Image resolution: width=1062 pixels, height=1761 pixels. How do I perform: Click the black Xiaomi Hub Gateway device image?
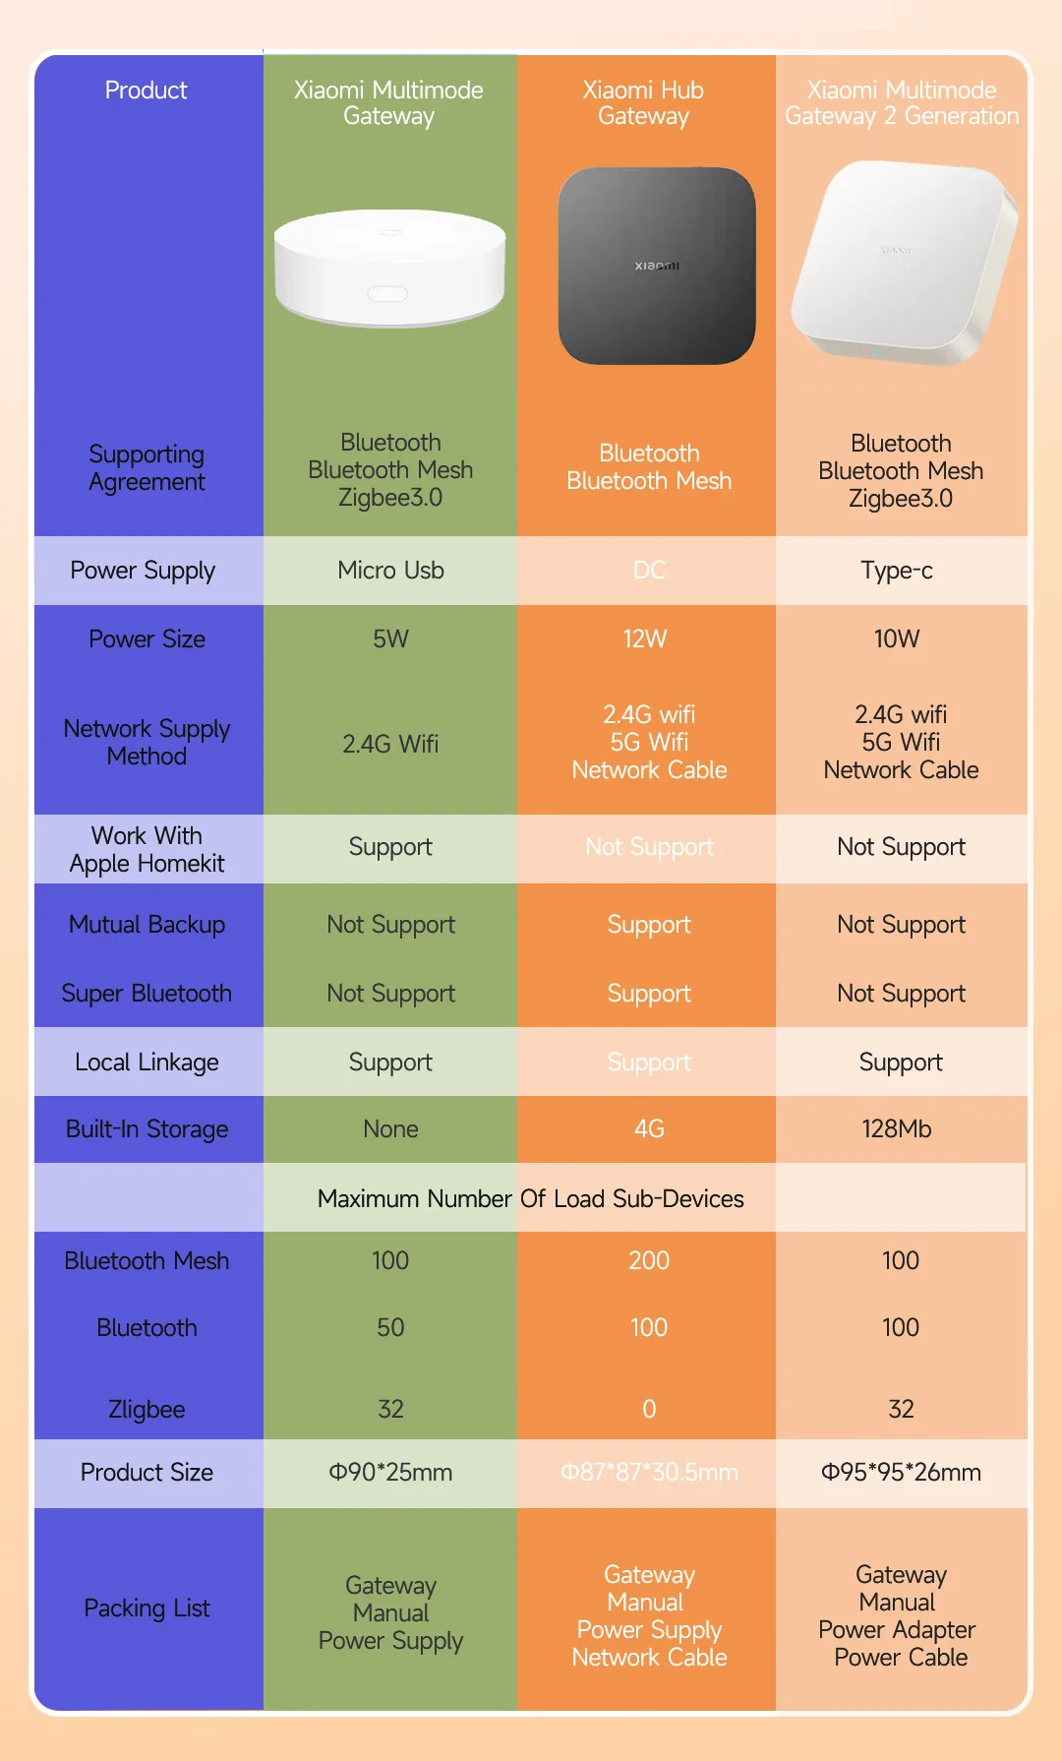656,266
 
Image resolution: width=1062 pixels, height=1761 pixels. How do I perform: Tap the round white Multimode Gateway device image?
390,268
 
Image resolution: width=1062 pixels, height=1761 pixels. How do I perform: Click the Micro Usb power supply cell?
390,571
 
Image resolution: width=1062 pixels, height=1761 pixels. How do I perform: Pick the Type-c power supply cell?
897,571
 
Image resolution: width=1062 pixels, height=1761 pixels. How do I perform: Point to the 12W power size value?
645,639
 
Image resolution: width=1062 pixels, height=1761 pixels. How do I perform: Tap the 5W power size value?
390,639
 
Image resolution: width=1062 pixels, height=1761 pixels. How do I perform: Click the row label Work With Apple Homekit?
147,849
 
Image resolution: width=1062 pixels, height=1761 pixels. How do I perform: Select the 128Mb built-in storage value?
897,1129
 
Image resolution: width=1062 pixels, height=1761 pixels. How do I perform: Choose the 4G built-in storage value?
649,1129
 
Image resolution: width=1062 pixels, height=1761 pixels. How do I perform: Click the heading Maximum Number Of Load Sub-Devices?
531,1198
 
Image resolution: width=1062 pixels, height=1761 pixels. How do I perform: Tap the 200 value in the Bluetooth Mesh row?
649,1261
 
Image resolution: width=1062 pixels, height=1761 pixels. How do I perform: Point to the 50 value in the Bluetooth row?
390,1328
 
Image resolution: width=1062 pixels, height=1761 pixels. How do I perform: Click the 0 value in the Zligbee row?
649,1410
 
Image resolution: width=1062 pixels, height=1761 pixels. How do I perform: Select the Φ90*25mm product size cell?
390,1473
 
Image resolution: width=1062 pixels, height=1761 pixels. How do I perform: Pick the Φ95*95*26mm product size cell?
901,1473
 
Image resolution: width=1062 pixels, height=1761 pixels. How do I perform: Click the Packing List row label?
147,1609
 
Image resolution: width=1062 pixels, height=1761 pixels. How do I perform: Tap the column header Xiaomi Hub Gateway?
644,103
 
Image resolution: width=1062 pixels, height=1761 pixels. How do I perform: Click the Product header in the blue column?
147,91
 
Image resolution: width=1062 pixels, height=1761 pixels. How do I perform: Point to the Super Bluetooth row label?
147,994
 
